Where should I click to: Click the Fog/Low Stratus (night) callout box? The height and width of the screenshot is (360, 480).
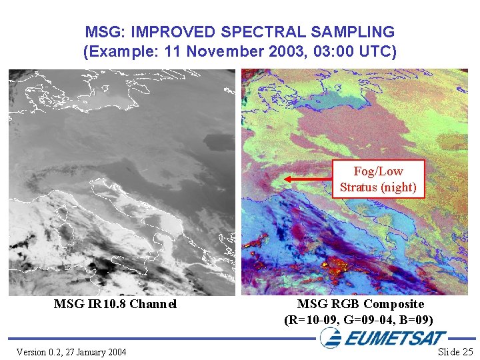point(378,179)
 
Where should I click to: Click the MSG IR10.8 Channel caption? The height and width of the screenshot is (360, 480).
point(115,304)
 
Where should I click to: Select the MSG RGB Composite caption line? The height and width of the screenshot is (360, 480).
point(361,304)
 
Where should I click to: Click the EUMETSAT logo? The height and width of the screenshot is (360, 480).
point(383,338)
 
